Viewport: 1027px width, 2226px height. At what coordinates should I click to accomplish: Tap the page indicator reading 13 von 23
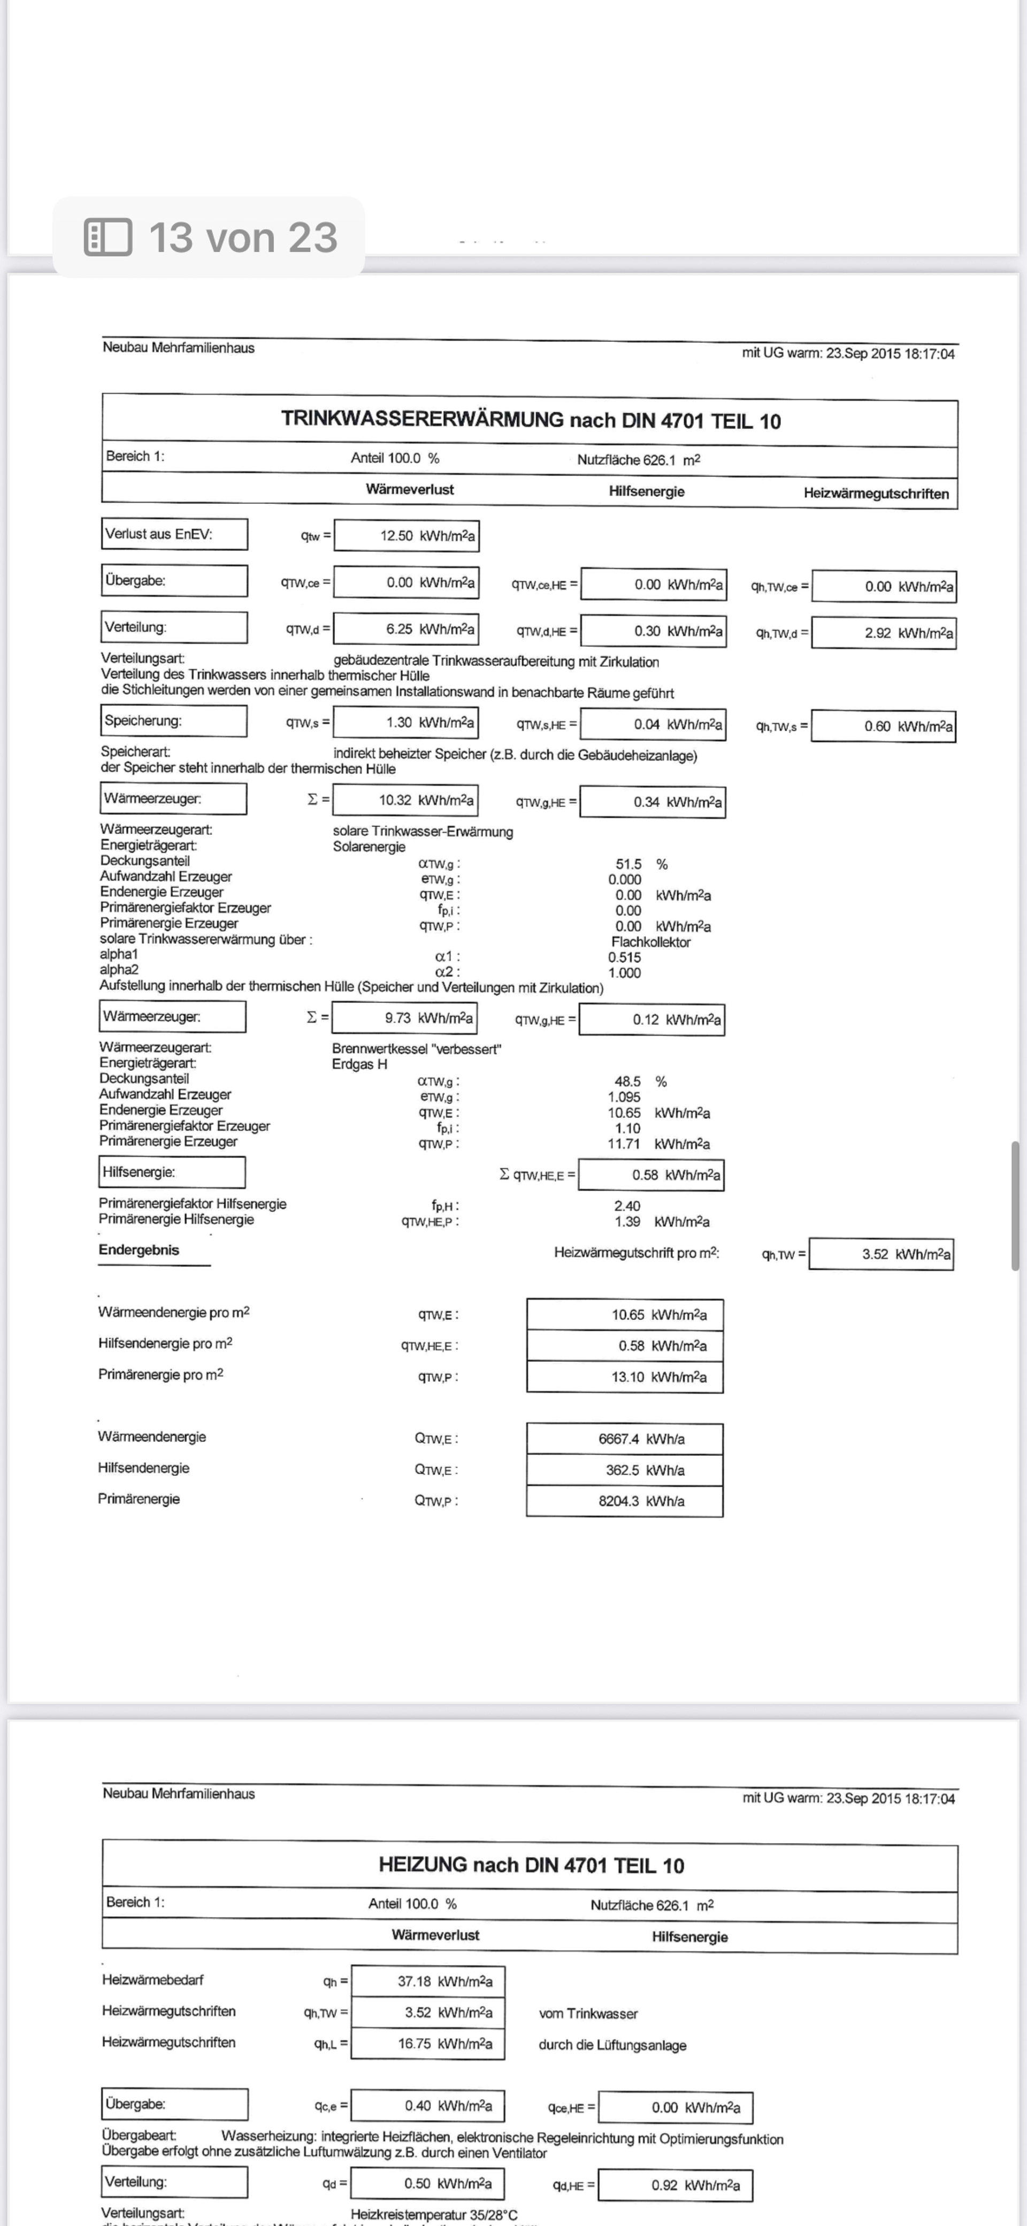[242, 237]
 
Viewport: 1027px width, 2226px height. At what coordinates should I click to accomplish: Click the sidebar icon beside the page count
[108, 237]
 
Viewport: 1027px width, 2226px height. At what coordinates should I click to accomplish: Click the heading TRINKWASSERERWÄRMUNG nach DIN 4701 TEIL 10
[530, 421]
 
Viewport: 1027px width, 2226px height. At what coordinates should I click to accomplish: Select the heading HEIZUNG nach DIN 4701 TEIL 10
[531, 1865]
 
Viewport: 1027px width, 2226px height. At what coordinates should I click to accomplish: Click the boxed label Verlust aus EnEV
[174, 534]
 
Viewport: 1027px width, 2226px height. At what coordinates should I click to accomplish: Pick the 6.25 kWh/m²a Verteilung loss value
[407, 629]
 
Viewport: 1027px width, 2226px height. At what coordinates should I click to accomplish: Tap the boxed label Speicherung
[173, 720]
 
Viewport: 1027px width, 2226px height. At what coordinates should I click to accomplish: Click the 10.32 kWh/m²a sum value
[404, 800]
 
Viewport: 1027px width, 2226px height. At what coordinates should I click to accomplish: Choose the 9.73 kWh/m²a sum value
[404, 1018]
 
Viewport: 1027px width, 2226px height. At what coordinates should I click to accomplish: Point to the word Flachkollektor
[650, 942]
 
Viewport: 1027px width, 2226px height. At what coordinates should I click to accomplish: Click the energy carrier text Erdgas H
[359, 1064]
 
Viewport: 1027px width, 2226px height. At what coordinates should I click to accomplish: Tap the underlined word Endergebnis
[139, 1249]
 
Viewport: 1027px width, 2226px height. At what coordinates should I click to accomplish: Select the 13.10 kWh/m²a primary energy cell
[625, 1377]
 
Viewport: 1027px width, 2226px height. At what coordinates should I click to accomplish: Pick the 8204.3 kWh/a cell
[625, 1501]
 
